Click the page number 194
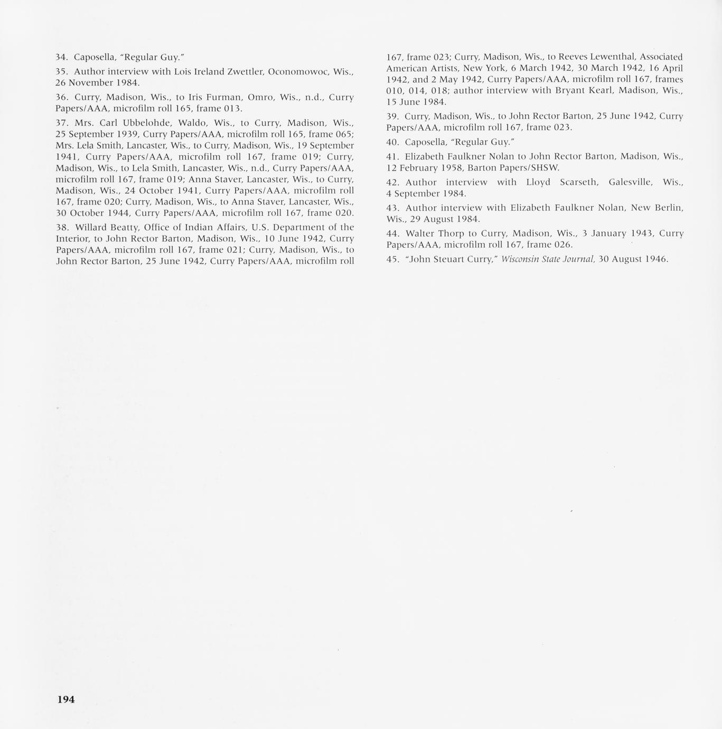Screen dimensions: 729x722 66,699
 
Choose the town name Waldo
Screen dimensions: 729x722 198,123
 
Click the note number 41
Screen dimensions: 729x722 392,156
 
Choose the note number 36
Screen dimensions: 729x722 62,97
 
